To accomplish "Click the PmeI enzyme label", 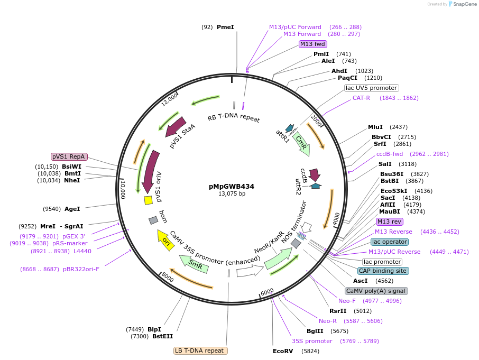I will [x=225, y=27].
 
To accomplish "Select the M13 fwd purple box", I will [x=312, y=44].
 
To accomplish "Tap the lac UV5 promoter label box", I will [x=371, y=88].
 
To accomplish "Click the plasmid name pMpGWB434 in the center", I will [x=232, y=186].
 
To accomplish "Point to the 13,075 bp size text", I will [x=232, y=193].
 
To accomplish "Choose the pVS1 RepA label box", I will [x=69, y=156].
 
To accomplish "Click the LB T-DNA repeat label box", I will [x=200, y=350].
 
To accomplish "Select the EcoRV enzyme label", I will [x=283, y=351].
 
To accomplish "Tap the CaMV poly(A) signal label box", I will [x=376, y=291].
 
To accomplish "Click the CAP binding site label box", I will [x=383, y=271].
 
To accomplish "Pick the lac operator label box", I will [x=389, y=242].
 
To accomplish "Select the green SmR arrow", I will [x=194, y=263].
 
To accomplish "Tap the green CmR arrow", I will [x=302, y=143].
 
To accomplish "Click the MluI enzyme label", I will [x=375, y=127].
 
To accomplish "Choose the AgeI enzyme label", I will [x=72, y=209].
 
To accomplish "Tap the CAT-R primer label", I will [x=361, y=98].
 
